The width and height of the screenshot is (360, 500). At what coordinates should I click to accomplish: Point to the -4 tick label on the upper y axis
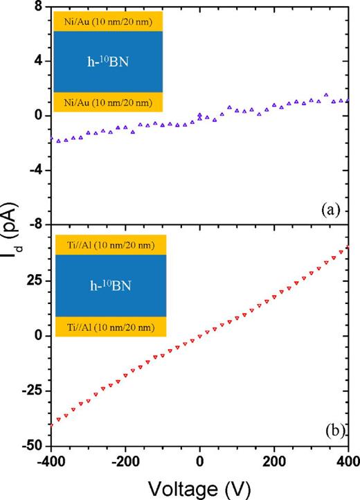pyautogui.click(x=35, y=170)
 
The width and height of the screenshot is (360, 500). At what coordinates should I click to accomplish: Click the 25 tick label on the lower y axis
pyautogui.click(x=35, y=281)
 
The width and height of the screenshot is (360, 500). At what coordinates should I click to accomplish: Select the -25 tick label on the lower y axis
pyautogui.click(x=32, y=391)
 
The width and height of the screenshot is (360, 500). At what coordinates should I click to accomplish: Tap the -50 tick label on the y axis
pyautogui.click(x=32, y=445)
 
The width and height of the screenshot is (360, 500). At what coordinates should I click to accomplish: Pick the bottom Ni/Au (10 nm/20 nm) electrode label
pyautogui.click(x=107, y=102)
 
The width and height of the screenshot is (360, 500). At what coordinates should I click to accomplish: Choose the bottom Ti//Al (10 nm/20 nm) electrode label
pyautogui.click(x=107, y=328)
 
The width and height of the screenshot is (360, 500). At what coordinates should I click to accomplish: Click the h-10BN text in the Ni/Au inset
pyautogui.click(x=107, y=61)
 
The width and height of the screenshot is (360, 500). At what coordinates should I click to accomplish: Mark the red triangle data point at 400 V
pyautogui.click(x=348, y=248)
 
